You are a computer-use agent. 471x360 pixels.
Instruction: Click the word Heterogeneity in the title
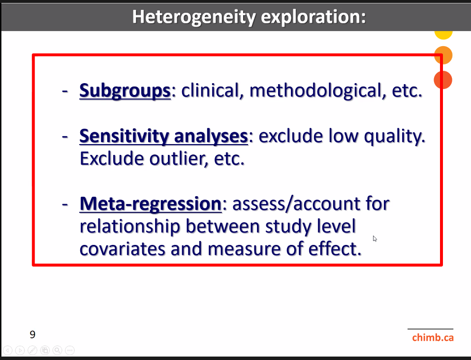[x=194, y=17]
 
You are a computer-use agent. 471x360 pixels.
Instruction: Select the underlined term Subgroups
[x=125, y=90]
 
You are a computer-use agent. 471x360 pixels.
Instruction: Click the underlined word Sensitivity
[x=124, y=136]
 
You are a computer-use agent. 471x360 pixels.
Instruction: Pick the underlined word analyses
[x=211, y=136]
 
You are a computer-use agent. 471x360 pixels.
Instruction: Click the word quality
[x=395, y=136]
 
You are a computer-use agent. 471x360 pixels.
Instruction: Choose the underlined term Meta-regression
[x=151, y=204]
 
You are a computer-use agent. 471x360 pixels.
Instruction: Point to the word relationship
[x=130, y=226]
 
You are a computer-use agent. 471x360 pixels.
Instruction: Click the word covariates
[x=123, y=249]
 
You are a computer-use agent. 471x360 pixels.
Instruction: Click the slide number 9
[x=32, y=334]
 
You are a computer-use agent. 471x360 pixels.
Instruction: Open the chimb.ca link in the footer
[x=433, y=337]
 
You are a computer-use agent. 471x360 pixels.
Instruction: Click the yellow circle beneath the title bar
[x=443, y=34]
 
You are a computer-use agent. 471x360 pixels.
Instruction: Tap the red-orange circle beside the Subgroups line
[x=443, y=80]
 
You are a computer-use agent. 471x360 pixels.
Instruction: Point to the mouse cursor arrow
[x=375, y=239]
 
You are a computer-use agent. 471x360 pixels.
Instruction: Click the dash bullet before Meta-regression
[x=65, y=205]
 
